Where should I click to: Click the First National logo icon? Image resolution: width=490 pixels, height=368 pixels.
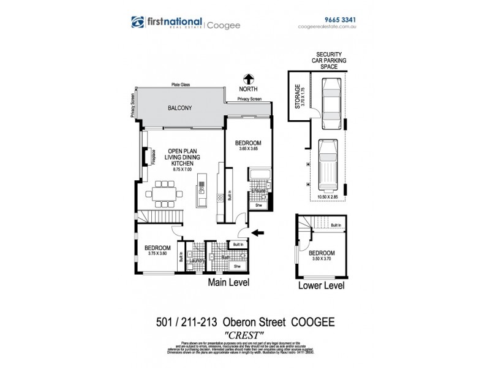[138, 23]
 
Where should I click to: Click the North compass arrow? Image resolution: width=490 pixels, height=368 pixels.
[249, 79]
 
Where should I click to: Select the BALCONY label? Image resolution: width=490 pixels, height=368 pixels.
[180, 109]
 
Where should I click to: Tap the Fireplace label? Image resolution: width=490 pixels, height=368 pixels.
[146, 155]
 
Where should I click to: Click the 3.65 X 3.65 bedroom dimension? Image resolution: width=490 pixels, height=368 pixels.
[248, 148]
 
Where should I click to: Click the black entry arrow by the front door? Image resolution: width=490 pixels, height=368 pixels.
[259, 232]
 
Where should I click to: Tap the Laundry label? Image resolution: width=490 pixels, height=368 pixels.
[197, 261]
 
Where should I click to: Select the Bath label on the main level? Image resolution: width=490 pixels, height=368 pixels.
[225, 258]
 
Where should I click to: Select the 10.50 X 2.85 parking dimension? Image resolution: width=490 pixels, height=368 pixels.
[326, 197]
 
